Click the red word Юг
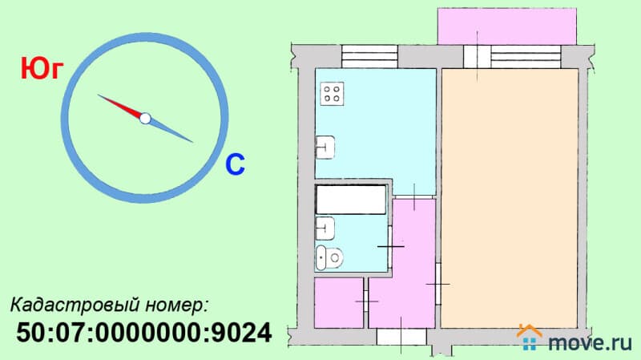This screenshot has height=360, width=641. [42, 69]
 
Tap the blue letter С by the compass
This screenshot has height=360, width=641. [235, 164]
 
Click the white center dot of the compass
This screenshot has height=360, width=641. [145, 119]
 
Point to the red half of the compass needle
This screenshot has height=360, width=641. [121, 107]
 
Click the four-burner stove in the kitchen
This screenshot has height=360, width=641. [332, 94]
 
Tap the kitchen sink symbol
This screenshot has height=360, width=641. [325, 148]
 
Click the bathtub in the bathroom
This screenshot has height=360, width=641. [351, 200]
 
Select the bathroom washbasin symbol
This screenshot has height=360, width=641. [325, 229]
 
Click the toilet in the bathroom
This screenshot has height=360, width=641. [329, 257]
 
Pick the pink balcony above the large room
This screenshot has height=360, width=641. [507, 26]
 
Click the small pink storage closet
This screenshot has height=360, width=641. [339, 303]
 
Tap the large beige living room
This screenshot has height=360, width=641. [510, 198]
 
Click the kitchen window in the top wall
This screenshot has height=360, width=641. [369, 56]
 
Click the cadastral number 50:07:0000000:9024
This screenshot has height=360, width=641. [144, 332]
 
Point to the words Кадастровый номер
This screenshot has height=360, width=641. [109, 305]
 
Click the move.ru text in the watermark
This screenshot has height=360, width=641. [590, 342]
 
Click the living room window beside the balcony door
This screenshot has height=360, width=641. [526, 56]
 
